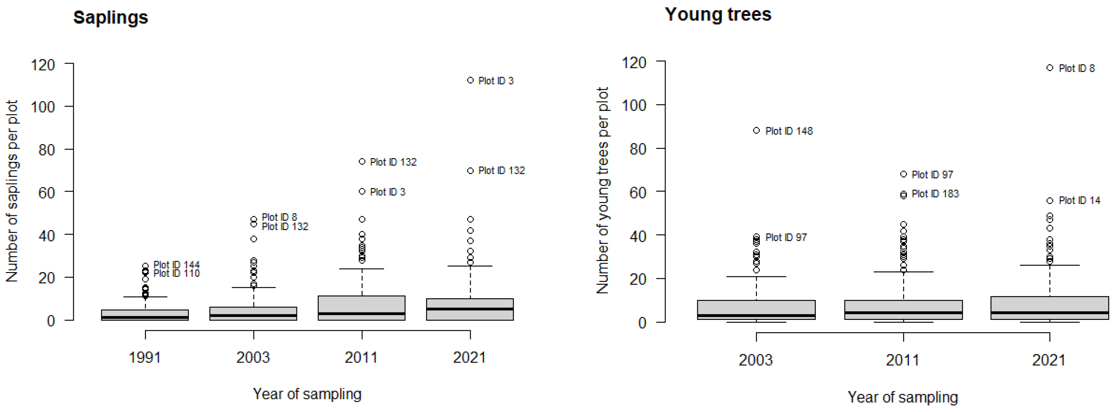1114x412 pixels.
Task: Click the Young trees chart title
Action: pyautogui.click(x=718, y=14)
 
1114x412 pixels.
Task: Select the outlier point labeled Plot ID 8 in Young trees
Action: pyautogui.click(x=1050, y=68)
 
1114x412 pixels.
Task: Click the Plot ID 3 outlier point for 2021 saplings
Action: pyautogui.click(x=470, y=80)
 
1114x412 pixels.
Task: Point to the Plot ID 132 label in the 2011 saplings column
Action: pyautogui.click(x=393, y=162)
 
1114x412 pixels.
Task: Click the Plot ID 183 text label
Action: pyautogui.click(x=935, y=194)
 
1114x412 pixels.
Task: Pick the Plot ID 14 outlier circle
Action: pyautogui.click(x=1050, y=201)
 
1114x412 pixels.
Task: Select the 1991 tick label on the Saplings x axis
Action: pyautogui.click(x=145, y=358)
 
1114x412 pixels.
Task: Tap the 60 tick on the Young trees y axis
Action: pyautogui.click(x=638, y=192)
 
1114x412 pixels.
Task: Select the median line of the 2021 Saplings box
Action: pyautogui.click(x=470, y=309)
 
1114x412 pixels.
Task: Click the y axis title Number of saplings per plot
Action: pyautogui.click(x=12, y=191)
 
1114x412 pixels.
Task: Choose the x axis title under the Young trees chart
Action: pyautogui.click(x=902, y=397)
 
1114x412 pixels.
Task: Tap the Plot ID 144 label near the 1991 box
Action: pyautogui.click(x=176, y=264)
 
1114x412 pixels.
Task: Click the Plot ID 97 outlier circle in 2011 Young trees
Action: pyautogui.click(x=903, y=174)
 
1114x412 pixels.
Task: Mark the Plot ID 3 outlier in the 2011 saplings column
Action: pyautogui.click(x=362, y=191)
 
